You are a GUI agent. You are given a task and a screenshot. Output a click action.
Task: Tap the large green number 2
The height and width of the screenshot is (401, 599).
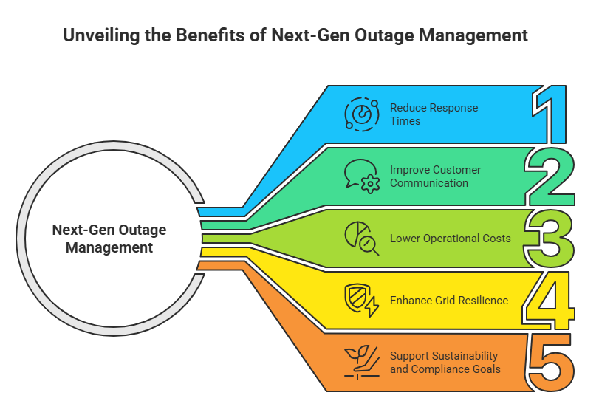[551, 177]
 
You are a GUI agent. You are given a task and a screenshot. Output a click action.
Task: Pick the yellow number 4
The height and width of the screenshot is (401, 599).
[548, 300]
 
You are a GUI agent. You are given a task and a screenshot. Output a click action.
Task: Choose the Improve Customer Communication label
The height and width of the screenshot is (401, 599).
[435, 176]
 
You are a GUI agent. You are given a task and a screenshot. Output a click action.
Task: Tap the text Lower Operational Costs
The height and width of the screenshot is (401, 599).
[451, 239]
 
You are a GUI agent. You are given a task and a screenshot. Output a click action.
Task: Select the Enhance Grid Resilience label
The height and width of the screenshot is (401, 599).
[449, 301]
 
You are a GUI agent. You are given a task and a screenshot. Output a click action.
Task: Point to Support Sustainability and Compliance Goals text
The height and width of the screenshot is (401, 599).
[445, 363]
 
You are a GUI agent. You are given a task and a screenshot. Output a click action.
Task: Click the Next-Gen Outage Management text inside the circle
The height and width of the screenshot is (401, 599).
[109, 239]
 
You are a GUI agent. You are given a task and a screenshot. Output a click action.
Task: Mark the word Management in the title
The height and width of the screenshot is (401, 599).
[482, 35]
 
